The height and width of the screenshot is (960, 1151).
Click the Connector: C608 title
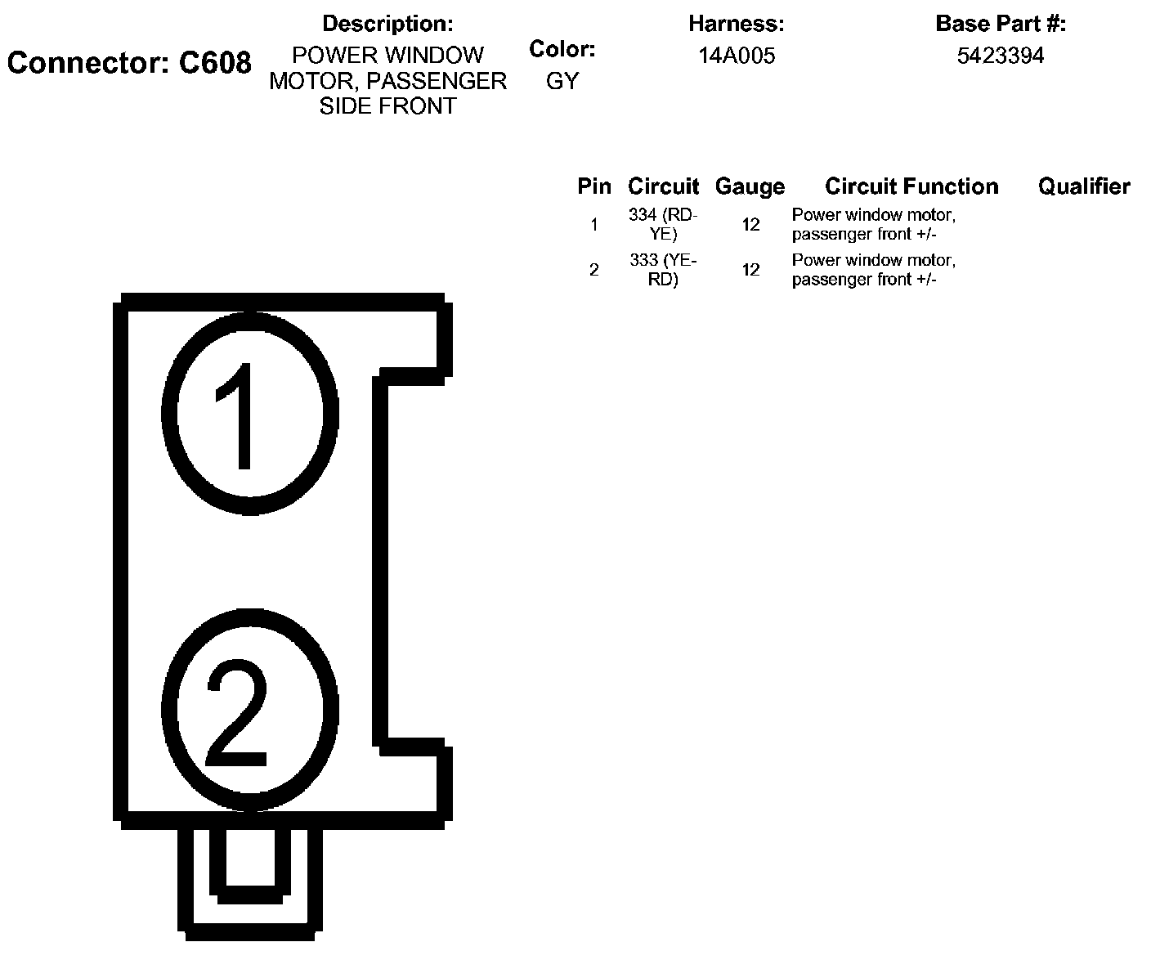point(129,63)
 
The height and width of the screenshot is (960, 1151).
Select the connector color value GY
point(562,81)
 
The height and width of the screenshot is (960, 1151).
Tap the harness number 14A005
point(737,56)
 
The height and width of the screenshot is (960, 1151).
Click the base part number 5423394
point(1001,56)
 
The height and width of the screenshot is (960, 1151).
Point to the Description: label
point(387,24)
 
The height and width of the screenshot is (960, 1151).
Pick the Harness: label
point(737,24)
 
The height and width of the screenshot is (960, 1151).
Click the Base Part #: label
point(1001,24)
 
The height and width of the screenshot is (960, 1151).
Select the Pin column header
point(594,186)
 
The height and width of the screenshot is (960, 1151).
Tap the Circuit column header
point(663,186)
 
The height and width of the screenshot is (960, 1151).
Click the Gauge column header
point(750,186)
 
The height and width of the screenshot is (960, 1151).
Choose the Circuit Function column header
point(911,186)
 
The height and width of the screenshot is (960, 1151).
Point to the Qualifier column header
point(1084,186)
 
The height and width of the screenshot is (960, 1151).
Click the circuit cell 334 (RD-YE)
point(663,224)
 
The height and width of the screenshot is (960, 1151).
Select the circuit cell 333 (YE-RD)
point(663,270)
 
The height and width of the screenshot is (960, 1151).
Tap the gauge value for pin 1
point(750,224)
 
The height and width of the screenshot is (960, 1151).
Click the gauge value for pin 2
point(750,270)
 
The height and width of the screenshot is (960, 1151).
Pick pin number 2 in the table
point(594,270)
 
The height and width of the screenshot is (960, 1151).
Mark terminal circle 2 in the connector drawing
point(250,710)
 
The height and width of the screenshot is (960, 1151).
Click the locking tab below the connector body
point(250,879)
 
